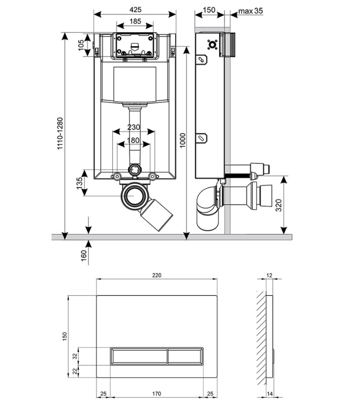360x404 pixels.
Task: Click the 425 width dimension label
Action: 135,10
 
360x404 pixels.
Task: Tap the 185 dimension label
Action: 135,21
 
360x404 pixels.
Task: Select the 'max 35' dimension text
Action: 251,11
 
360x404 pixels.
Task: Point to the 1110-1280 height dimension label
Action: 60,133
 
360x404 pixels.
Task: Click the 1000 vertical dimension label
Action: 182,140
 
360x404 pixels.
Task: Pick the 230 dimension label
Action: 134,127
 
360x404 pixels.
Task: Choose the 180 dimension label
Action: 133,140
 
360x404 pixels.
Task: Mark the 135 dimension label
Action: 80,183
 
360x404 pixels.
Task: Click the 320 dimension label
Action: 279,205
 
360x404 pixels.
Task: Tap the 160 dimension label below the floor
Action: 84,255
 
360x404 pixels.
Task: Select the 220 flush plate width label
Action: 156,275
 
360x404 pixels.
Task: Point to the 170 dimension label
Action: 156,393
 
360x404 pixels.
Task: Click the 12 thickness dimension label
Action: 269,275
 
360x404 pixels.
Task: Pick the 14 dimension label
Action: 270,393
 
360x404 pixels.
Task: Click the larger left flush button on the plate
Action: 139,356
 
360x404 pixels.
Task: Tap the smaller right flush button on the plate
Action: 185,356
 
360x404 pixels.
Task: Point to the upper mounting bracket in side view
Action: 202,59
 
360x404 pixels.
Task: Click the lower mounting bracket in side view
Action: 202,139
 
